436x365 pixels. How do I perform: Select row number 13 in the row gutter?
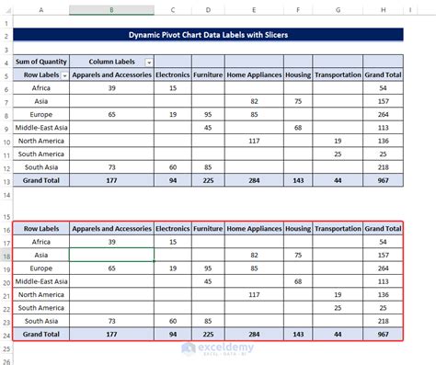[8, 181]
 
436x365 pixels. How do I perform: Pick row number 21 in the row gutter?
[8, 294]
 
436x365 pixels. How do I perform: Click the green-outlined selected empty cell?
[111, 255]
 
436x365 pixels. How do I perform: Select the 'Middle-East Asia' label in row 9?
[42, 128]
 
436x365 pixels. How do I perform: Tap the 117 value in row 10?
[254, 141]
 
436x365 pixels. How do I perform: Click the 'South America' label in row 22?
[42, 307]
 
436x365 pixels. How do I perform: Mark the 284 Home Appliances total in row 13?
[254, 181]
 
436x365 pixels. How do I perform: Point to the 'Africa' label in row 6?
[42, 87]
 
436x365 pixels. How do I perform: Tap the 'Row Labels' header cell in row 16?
[42, 228]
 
